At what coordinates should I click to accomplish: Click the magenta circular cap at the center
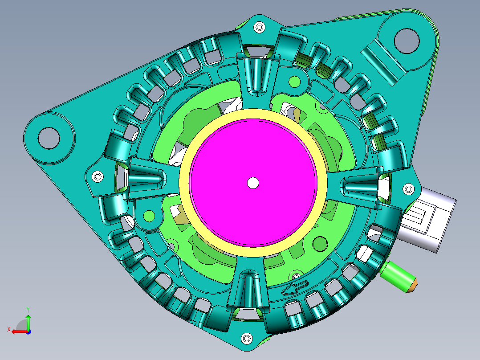[253, 183]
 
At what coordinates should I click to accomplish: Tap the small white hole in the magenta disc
[253, 183]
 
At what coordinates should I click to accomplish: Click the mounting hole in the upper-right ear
[407, 41]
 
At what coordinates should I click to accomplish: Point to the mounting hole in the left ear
[49, 138]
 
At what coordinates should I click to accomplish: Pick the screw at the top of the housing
[259, 27]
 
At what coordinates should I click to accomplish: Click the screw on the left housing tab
[98, 176]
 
